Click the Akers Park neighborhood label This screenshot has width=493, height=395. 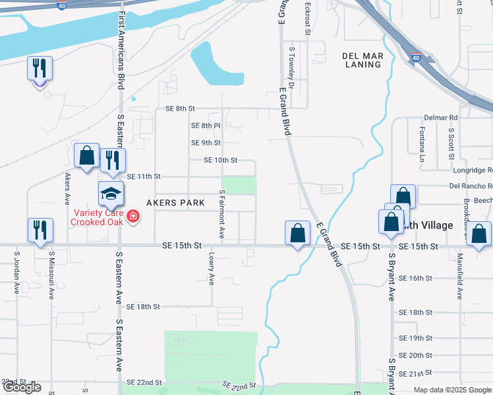pyautogui.click(x=175, y=203)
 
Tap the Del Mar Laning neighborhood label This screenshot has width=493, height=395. pyautogui.click(x=363, y=60)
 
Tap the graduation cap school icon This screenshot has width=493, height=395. pyautogui.click(x=111, y=194)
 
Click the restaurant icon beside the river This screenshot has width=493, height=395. pyautogui.click(x=40, y=68)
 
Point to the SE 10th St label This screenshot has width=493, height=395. pyautogui.click(x=220, y=160)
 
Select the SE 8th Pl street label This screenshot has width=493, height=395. pyautogui.click(x=206, y=125)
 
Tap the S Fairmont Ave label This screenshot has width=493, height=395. pyautogui.click(x=222, y=215)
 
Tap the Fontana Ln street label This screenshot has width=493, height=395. pyautogui.click(x=422, y=145)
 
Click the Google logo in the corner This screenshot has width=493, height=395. pyautogui.click(x=22, y=387)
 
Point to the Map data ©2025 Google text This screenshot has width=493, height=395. pyautogui.click(x=452, y=390)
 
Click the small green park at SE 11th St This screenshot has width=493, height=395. pyautogui.click(x=239, y=185)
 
